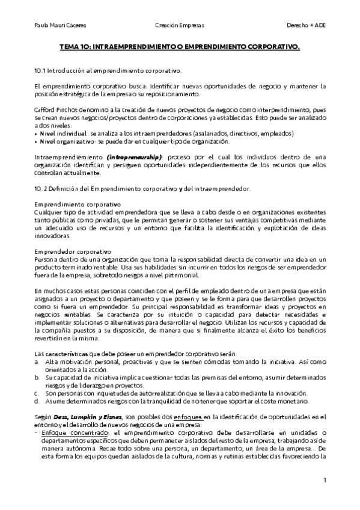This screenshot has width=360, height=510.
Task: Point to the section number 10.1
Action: coord(40,70)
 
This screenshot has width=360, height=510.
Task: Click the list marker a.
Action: coord(37,361)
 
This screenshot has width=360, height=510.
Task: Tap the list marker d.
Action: coord(37,401)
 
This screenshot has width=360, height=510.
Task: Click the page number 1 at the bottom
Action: coord(324,480)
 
